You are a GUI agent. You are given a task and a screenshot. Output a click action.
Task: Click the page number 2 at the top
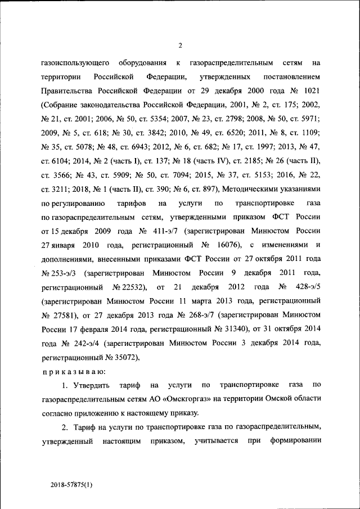coord(180,46)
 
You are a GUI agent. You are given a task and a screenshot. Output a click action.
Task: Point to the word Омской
coord(283,399)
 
